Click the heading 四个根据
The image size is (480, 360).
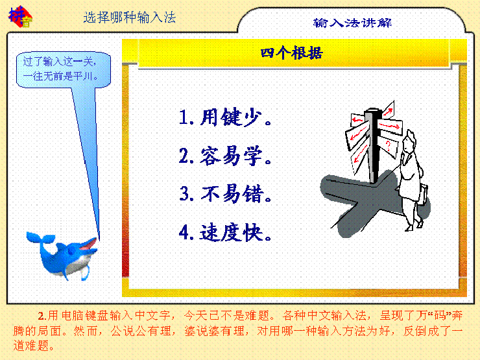[x=292, y=53]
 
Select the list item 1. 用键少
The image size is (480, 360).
[x=225, y=117]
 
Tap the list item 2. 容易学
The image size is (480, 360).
[x=225, y=156]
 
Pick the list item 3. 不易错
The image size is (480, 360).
[x=225, y=194]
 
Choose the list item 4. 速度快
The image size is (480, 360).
[x=225, y=233]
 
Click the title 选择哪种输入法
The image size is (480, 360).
[x=130, y=17]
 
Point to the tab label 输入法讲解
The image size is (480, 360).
[x=352, y=23]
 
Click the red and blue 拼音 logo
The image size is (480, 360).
[x=20, y=16]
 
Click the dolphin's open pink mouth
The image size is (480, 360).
[x=89, y=244]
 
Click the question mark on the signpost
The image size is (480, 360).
[x=388, y=145]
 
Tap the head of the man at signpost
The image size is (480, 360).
[x=409, y=140]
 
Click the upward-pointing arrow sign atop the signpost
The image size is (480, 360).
[x=388, y=110]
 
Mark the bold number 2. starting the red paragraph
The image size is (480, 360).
[x=43, y=316]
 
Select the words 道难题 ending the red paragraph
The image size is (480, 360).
[x=30, y=346]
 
